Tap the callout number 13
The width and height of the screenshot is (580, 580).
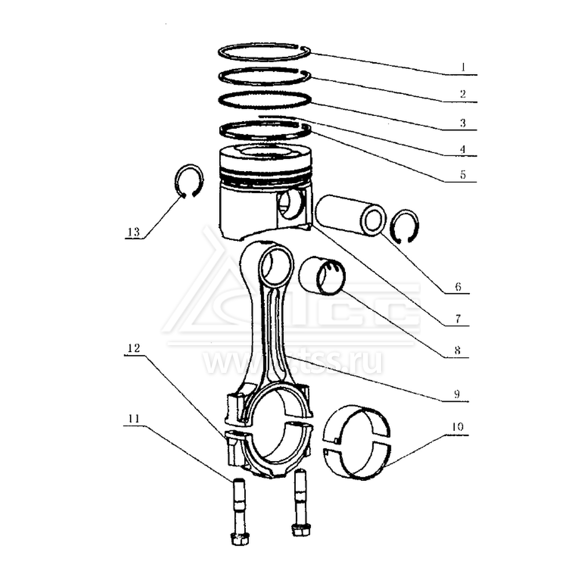pyautogui.click(x=133, y=232)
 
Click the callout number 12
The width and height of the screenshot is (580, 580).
pyautogui.click(x=133, y=348)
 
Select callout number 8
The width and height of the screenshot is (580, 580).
pyautogui.click(x=457, y=350)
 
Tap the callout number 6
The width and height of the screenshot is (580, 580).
pyautogui.click(x=458, y=287)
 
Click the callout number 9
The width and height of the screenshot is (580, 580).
pyautogui.click(x=457, y=394)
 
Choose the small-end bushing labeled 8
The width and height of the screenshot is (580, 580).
pyautogui.click(x=322, y=275)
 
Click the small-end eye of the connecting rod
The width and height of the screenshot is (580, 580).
pyautogui.click(x=277, y=264)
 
